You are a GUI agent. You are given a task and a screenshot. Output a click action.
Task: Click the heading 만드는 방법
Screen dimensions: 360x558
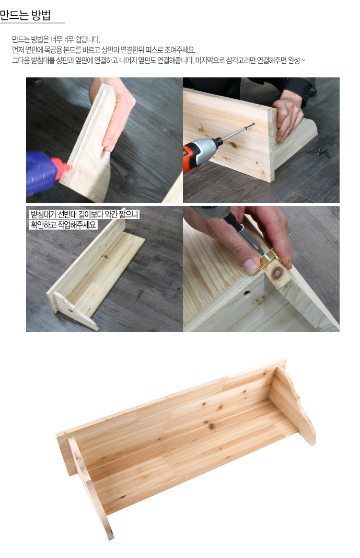[x=25, y=15]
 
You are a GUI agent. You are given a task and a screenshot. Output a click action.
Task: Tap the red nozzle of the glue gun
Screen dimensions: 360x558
[x=62, y=167]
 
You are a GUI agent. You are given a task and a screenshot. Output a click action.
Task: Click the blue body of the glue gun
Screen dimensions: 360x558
[x=41, y=173]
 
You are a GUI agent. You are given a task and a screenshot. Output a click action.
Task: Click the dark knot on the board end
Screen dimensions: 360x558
[x=277, y=272]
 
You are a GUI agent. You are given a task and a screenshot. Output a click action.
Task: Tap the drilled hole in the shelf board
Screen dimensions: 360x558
[x=246, y=293]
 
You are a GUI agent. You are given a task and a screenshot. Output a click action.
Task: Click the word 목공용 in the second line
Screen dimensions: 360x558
[x=53, y=50]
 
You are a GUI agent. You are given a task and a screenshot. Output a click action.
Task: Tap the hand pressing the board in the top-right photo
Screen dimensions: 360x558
[x=287, y=118]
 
